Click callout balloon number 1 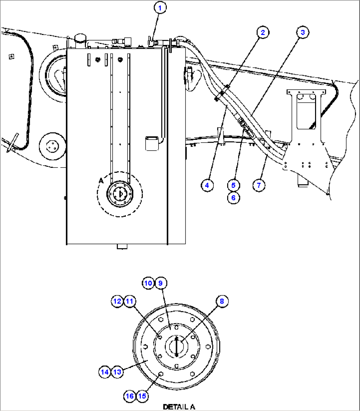160,8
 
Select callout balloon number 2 263,32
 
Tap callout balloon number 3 303,32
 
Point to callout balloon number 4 207,185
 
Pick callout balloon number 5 234,185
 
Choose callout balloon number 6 234,198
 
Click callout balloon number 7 259,185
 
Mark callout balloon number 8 222,301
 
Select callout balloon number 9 161,283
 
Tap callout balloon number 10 148,283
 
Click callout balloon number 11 129,301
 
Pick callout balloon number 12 117,301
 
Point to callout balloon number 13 117,372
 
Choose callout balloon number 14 105,372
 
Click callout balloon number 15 142,396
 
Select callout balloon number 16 130,396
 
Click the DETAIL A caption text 179,407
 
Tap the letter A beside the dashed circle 101,181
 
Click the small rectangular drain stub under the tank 122,247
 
